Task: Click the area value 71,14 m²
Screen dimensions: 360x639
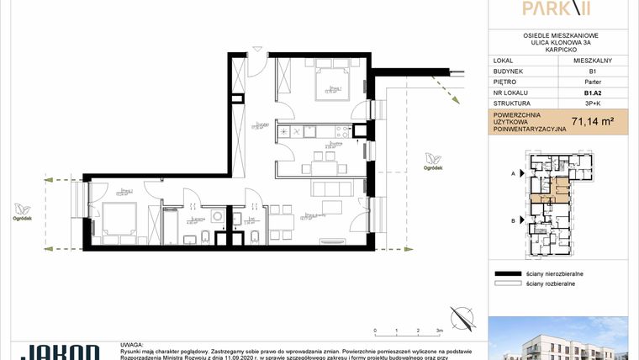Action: [x=592, y=122]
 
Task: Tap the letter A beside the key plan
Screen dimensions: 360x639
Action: [x=513, y=172]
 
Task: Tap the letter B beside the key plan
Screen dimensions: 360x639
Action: [x=513, y=220]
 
